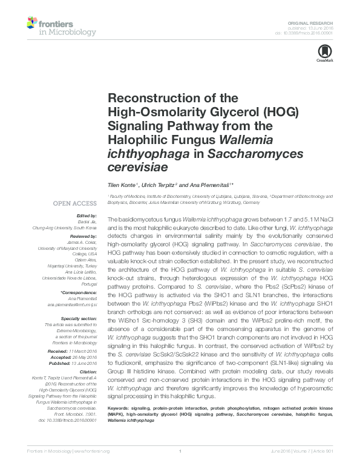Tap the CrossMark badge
point(321,52)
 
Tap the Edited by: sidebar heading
point(87,217)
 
